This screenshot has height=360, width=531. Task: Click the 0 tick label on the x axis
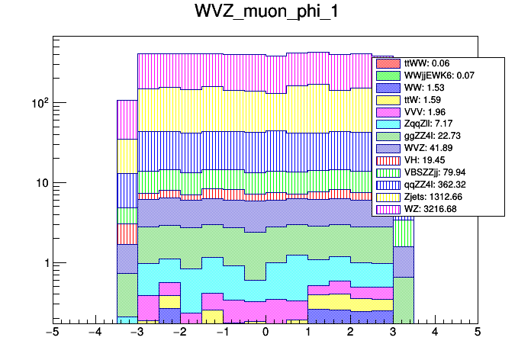265,333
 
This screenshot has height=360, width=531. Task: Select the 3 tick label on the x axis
393,333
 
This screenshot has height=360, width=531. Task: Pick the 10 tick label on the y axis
40,183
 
